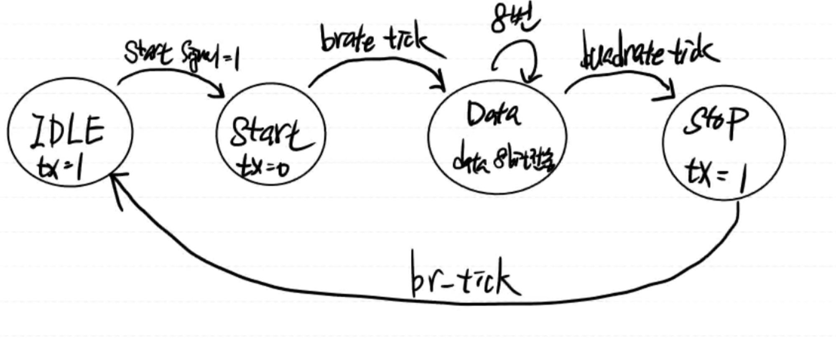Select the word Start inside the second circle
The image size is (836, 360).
coord(270,133)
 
